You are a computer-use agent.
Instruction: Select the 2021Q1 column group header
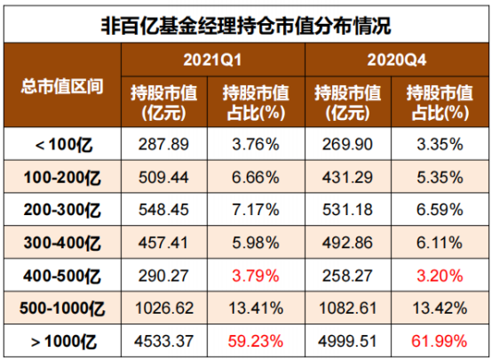214,60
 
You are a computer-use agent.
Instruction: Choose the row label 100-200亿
62,175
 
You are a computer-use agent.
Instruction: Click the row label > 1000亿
62,340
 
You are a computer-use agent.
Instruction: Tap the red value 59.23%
258,340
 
